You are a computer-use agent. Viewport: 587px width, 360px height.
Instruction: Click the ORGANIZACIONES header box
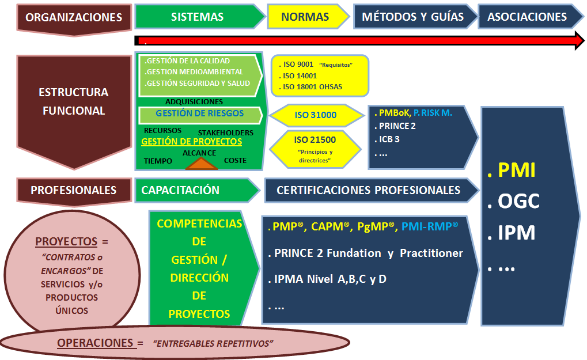[74, 17]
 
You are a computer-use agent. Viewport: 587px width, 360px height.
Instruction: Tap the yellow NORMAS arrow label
[305, 17]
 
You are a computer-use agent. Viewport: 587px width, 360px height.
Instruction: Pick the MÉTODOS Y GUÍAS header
[412, 17]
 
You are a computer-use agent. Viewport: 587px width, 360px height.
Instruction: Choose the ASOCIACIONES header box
[527, 17]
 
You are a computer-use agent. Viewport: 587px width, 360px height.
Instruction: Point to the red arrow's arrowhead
[578, 40]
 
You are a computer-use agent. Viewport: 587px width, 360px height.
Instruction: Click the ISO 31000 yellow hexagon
[316, 115]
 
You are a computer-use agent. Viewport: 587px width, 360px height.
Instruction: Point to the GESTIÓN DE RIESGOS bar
[200, 114]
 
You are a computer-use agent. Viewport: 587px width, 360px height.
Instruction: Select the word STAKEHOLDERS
[225, 132]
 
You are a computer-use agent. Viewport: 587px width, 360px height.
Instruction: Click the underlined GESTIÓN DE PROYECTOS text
[191, 142]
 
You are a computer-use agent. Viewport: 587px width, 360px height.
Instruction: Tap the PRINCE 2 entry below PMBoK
[397, 126]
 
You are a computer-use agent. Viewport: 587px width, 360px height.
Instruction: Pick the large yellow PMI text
[517, 170]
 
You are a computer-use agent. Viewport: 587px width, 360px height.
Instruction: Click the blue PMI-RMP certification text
[430, 228]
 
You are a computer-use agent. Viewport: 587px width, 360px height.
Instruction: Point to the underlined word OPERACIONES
[95, 343]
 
